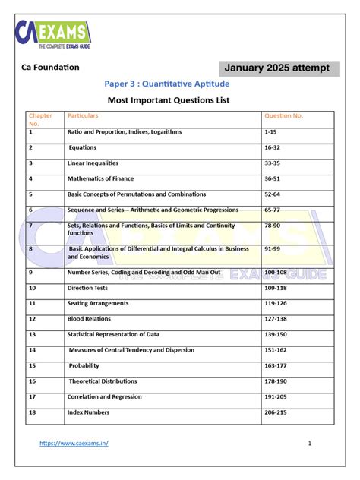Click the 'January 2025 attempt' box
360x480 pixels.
click(276, 68)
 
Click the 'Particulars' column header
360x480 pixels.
click(83, 116)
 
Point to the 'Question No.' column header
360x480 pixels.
click(283, 116)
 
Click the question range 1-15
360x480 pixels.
click(271, 132)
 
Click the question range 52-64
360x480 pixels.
click(273, 194)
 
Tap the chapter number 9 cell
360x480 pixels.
click(31, 272)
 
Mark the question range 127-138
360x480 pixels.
click(276, 319)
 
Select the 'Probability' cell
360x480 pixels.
click(84, 365)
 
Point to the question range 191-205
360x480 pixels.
click(276, 396)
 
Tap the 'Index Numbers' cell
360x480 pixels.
click(88, 412)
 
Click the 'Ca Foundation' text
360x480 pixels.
click(50, 68)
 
